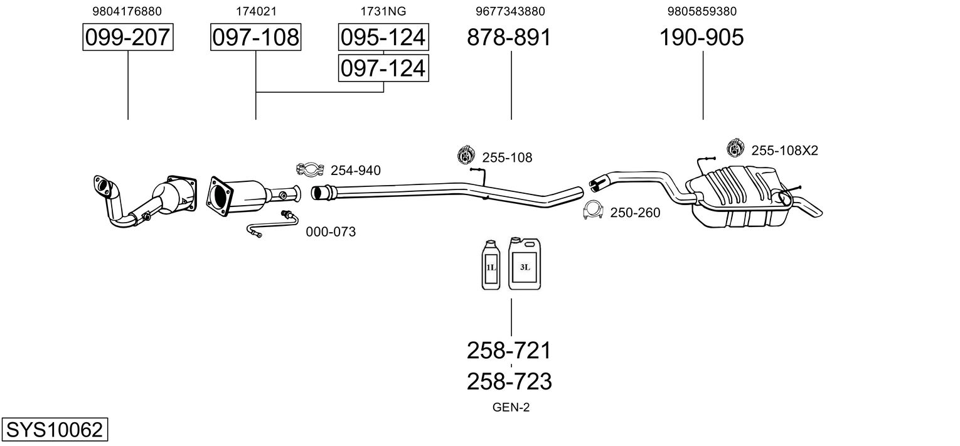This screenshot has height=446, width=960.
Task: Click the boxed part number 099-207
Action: point(128,37)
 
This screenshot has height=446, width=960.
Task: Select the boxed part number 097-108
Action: point(256,37)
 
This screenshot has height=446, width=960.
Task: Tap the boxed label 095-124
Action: point(383,37)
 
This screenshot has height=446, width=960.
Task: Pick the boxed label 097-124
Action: point(383,68)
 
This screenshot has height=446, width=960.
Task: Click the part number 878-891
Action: point(509,37)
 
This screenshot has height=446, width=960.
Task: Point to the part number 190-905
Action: point(701,37)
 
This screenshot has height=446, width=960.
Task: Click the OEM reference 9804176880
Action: point(127,11)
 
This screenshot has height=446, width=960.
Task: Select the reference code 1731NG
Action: point(383,11)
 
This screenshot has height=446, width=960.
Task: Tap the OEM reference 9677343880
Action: point(510,11)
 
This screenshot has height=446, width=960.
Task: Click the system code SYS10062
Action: point(55,430)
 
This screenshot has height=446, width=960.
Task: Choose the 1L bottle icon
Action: point(491,265)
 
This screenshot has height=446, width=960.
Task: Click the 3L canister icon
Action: point(525,263)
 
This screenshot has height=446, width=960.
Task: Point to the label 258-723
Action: point(509,381)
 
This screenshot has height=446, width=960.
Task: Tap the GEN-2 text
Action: point(511,408)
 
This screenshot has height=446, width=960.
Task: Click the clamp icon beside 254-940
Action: point(310,170)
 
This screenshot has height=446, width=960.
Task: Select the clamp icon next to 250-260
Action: point(594,210)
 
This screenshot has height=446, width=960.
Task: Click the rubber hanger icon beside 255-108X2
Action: point(735,148)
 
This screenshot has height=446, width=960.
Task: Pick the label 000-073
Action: point(331,232)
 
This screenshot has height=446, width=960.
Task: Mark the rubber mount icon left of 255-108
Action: point(466,155)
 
